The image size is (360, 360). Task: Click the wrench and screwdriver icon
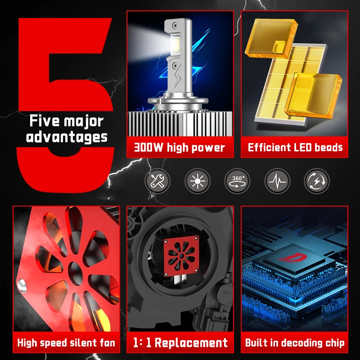(x=157, y=181)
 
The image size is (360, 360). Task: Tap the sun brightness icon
(x=198, y=181)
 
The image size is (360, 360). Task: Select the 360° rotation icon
(x=237, y=181)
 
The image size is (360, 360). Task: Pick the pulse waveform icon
(x=277, y=181)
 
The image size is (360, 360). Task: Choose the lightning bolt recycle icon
(x=317, y=181)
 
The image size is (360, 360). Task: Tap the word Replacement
(x=191, y=342)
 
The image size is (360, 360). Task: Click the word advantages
(x=67, y=137)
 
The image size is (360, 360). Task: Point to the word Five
(x=44, y=121)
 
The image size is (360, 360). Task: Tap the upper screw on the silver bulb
(x=176, y=25)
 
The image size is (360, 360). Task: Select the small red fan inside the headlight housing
(x=181, y=255)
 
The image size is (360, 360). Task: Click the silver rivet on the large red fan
(x=22, y=286)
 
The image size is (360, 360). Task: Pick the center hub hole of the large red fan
(x=75, y=273)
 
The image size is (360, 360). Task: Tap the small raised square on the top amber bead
(x=279, y=46)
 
